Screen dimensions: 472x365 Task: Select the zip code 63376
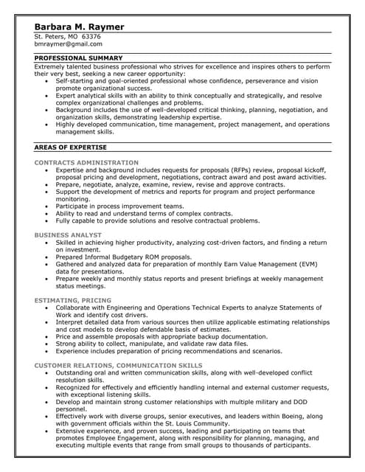click(x=91, y=36)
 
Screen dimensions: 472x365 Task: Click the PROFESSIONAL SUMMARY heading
click(x=78, y=58)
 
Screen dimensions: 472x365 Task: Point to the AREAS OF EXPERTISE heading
click(x=70, y=147)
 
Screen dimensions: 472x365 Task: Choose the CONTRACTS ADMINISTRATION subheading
click(x=86, y=162)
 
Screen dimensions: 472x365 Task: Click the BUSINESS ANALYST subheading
click(x=68, y=235)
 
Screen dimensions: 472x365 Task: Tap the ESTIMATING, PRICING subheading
click(x=73, y=300)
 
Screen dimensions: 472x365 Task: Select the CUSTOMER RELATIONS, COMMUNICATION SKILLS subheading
click(x=118, y=365)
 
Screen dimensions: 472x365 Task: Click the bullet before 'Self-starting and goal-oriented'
click(x=48, y=81)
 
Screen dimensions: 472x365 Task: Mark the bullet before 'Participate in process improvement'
click(x=48, y=206)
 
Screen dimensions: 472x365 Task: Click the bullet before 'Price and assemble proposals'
click(x=48, y=336)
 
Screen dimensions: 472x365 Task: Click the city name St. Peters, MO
click(x=56, y=36)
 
